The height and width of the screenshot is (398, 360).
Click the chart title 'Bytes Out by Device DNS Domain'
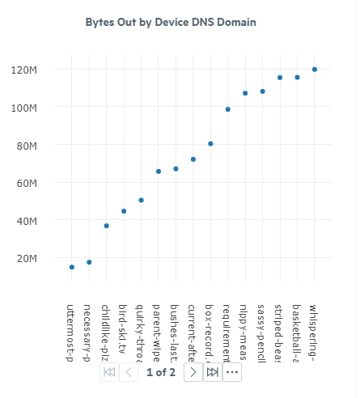point(171,22)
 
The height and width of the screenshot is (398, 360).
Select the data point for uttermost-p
point(72,267)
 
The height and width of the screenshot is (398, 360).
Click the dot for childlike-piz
point(107,226)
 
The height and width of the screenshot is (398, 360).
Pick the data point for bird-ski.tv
point(124,211)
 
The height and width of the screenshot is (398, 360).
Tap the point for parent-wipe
point(159,171)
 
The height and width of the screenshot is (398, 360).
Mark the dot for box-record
point(210,144)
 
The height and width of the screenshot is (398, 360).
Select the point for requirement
point(228,109)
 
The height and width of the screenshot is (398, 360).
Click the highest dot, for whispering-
point(315,70)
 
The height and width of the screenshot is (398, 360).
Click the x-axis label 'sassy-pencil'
point(262,332)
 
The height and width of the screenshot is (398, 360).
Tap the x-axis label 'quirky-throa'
point(141,332)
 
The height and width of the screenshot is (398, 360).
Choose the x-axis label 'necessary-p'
point(89,332)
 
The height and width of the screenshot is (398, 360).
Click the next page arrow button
point(193,372)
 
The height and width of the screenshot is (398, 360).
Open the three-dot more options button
point(232,372)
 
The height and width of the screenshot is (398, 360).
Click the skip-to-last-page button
point(213,372)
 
